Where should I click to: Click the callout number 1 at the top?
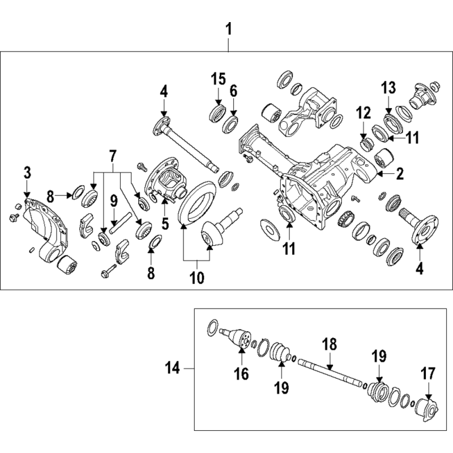pos(229,30)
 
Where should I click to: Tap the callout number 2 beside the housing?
pos(400,174)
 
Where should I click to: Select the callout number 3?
pos(27,173)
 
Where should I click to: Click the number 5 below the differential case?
pos(165,224)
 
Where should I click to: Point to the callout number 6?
pos(233,91)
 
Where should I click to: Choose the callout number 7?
pos(113,156)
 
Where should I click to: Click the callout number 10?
pos(197,277)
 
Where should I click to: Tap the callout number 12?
pos(364,113)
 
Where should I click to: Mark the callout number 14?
pos(173,369)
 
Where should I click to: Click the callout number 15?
pos(218,79)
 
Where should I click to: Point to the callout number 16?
pos(242,374)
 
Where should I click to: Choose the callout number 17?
pos(428,374)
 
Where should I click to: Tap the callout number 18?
pos(330,344)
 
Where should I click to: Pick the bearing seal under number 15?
pos(217,114)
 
